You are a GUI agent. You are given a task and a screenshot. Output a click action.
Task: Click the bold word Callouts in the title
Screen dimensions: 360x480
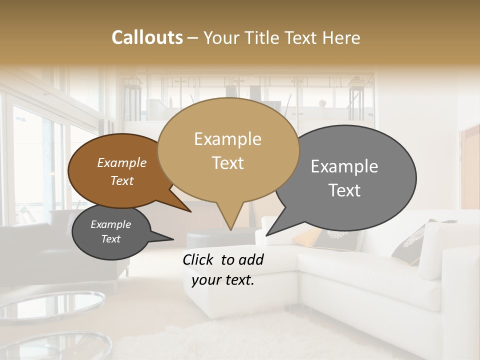[x=147, y=37]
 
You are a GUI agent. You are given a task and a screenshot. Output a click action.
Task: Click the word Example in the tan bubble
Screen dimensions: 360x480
[x=227, y=139]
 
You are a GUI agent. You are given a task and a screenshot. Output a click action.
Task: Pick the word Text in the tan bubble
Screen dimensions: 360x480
[x=227, y=163]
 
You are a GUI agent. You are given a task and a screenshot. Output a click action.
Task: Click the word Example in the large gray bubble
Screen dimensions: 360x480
[x=344, y=166]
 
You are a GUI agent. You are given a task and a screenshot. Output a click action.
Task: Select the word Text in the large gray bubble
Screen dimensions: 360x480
[x=344, y=190]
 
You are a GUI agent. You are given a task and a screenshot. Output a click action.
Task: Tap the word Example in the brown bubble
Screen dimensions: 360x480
[x=121, y=162]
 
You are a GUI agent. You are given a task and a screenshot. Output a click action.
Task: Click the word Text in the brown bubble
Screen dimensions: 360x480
[x=121, y=180]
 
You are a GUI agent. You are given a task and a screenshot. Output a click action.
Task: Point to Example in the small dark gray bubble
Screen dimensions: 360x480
[x=110, y=224]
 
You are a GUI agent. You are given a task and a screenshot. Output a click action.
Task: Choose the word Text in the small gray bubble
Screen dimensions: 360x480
[x=110, y=239]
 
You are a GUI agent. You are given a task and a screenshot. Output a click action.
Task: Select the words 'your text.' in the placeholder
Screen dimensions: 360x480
[x=223, y=280]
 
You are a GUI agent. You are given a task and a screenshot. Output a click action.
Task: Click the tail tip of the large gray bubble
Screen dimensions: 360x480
[x=266, y=235]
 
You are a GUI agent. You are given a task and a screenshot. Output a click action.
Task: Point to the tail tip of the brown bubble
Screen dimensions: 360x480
[x=190, y=211]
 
